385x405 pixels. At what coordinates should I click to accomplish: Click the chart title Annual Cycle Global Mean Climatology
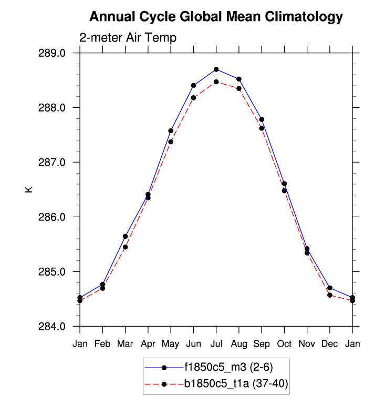[x=216, y=17]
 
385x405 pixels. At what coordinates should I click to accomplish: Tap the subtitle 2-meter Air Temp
[x=128, y=38]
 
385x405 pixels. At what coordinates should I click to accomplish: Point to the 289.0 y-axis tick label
[x=58, y=53]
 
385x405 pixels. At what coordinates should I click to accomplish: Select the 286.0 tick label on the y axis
[x=58, y=217]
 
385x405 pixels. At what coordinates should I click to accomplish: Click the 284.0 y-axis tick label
[x=58, y=327]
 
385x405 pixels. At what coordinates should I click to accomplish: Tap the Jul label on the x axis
[x=216, y=343]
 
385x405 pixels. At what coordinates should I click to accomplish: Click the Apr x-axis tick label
[x=148, y=343]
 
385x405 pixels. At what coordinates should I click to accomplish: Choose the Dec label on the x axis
[x=330, y=343]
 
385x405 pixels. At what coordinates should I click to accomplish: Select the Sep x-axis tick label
[x=262, y=343]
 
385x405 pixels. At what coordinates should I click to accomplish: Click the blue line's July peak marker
[x=216, y=69]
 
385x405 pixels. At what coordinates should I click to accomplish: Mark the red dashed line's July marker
[x=216, y=82]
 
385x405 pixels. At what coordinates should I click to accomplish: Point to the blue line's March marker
[x=126, y=236]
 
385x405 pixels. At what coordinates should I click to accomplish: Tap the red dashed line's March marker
[x=126, y=247]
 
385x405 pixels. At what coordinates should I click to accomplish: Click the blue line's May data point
[x=171, y=130]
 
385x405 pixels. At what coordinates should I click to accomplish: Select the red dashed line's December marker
[x=330, y=295]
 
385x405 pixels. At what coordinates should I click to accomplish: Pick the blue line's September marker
[x=262, y=119]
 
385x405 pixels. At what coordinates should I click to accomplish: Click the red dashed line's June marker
[x=194, y=97]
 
